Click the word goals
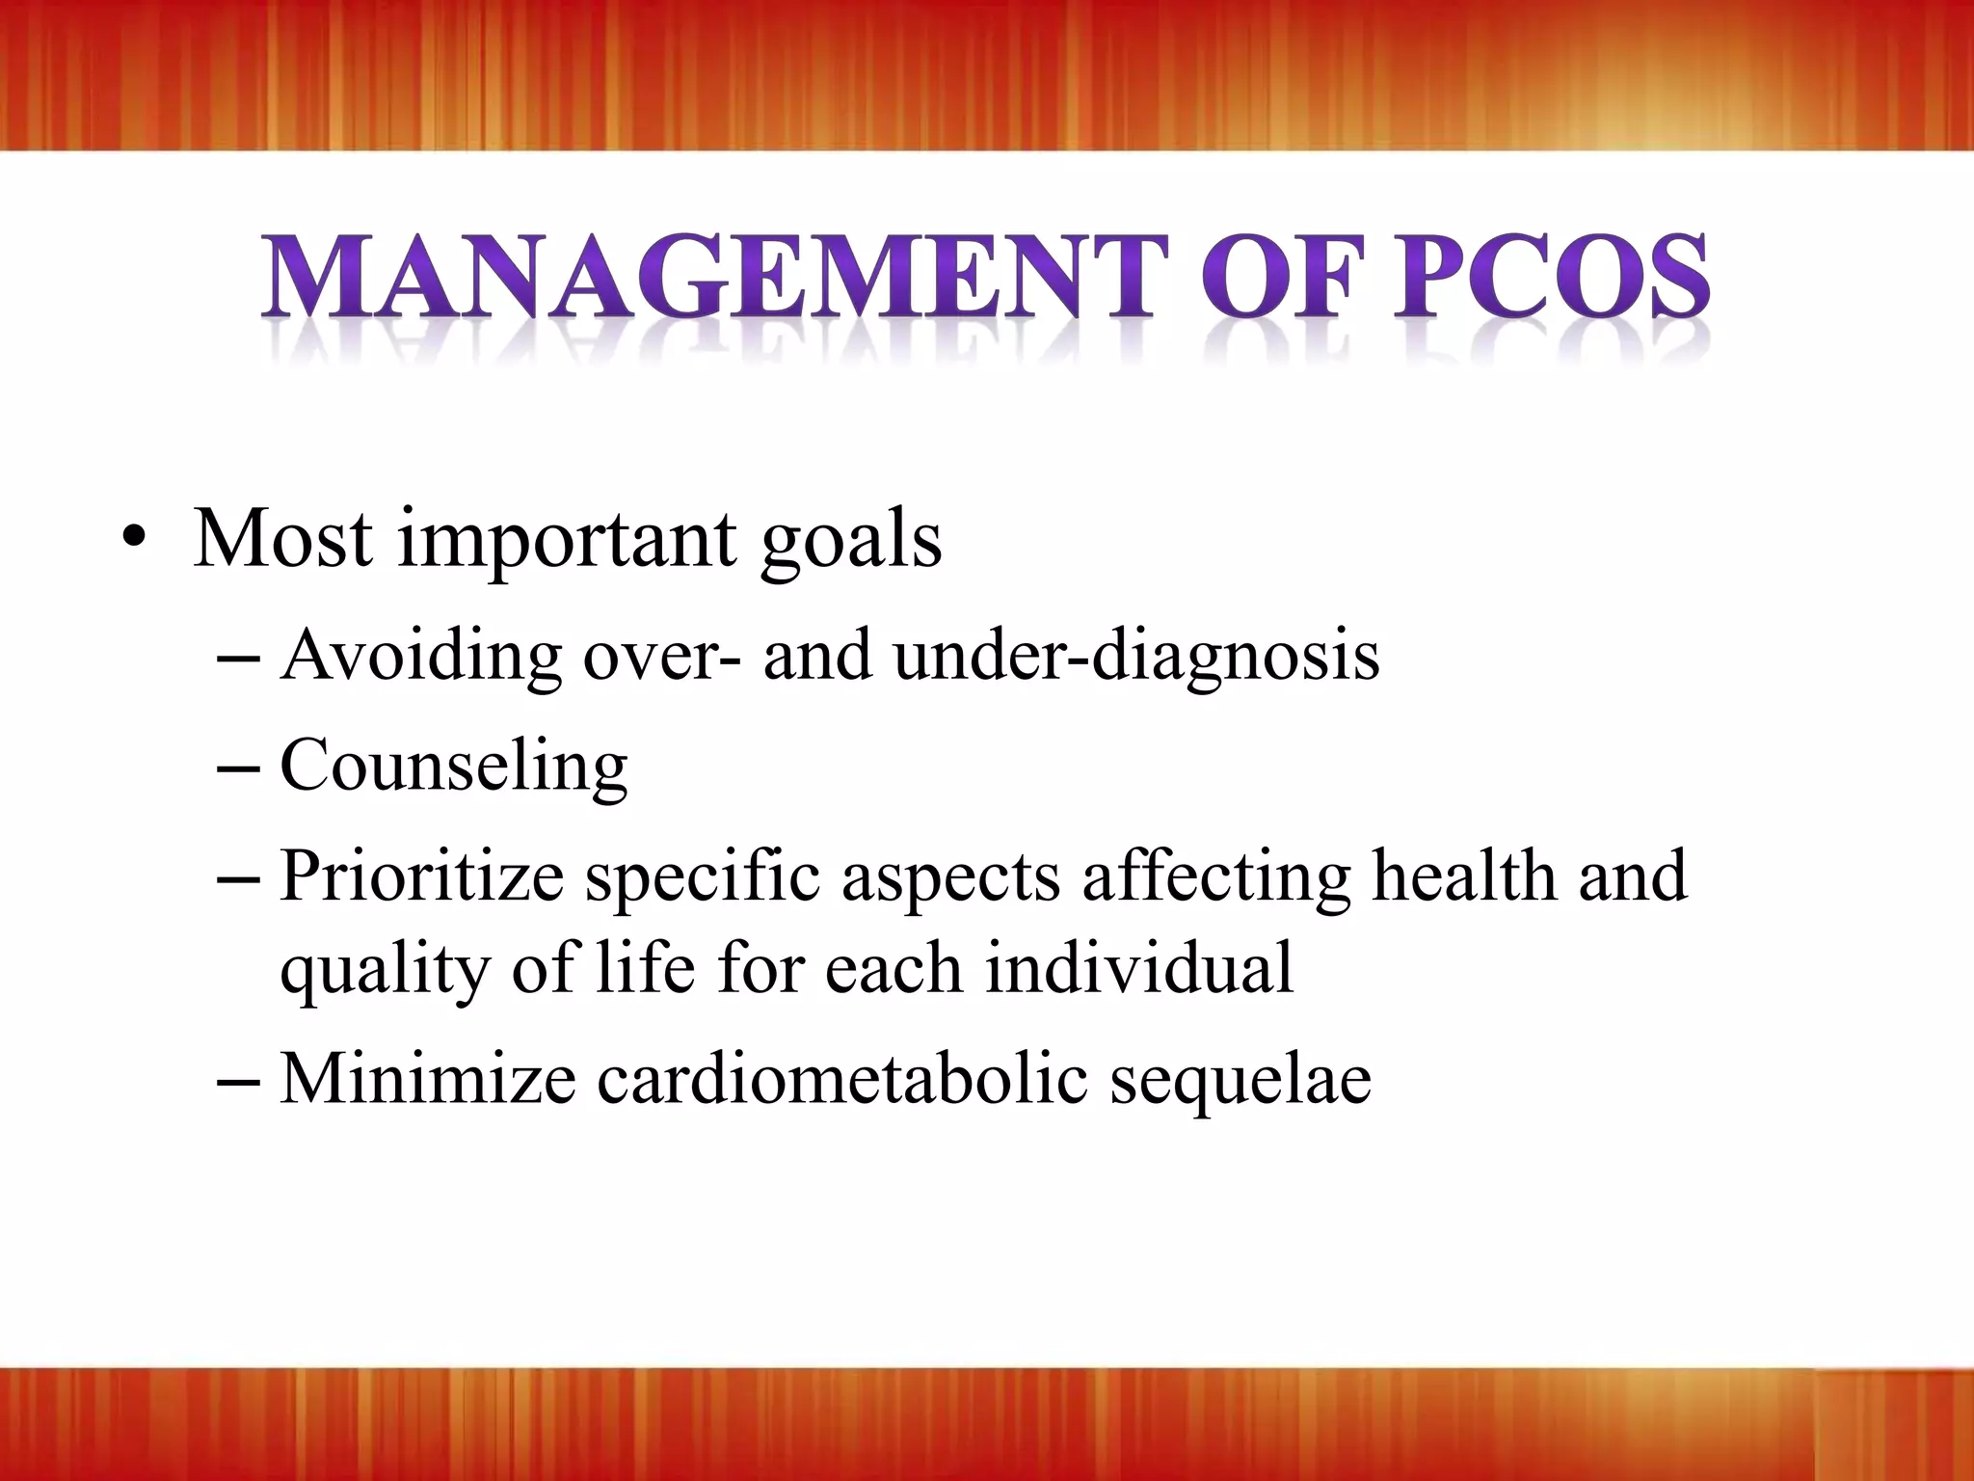pyautogui.click(x=850, y=542)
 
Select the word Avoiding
pyautogui.click(x=420, y=657)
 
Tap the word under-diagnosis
pyautogui.click(x=1136, y=657)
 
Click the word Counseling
pyautogui.click(x=453, y=767)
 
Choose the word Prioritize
pyautogui.click(x=421, y=877)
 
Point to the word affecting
pyautogui.click(x=1215, y=877)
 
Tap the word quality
pyautogui.click(x=385, y=970)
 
